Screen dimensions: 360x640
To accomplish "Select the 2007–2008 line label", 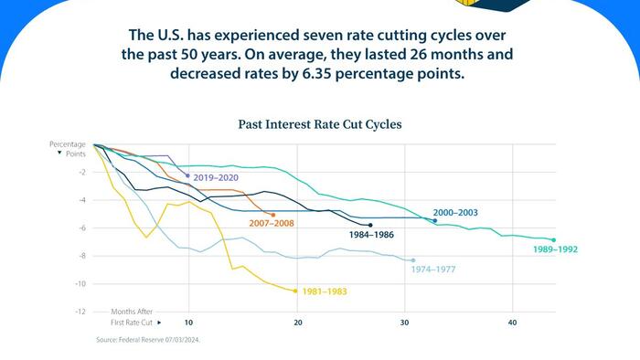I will (272, 223).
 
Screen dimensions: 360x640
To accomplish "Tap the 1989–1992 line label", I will (556, 249).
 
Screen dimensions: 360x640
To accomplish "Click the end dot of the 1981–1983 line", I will (295, 291).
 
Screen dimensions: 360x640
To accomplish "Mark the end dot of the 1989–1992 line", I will (554, 240).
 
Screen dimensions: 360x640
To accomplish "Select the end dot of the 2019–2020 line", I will (187, 175).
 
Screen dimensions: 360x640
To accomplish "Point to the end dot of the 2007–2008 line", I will (273, 215).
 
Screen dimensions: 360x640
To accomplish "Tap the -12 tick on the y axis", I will (80, 312).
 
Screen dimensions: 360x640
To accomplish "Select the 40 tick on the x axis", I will (512, 323).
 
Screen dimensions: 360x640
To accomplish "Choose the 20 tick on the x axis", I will (295, 323).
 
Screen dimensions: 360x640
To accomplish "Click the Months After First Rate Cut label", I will (133, 317).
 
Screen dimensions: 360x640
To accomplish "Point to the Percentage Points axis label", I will (67, 149).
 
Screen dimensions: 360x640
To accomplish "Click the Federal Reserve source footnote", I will (147, 340).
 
